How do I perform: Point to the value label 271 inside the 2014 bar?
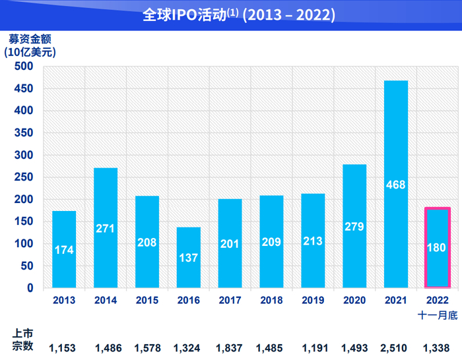click(106, 229)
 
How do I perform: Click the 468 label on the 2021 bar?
click(396, 184)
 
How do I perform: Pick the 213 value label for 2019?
click(313, 241)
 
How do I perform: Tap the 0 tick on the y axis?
click(30, 288)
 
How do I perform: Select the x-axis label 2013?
click(64, 300)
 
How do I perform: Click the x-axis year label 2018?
click(271, 300)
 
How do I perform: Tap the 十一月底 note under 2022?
click(438, 315)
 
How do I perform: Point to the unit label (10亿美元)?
click(30, 51)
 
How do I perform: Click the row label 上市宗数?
click(22, 340)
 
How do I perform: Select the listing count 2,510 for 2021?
click(396, 347)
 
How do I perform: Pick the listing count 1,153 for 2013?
click(64, 347)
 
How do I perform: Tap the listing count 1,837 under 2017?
click(230, 347)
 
